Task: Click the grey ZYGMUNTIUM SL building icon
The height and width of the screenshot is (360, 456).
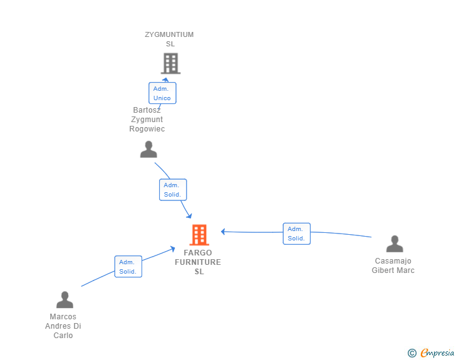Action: pos(171,63)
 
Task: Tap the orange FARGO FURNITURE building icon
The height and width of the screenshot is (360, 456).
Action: pos(199,235)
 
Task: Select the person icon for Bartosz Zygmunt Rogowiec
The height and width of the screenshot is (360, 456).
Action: pos(148,150)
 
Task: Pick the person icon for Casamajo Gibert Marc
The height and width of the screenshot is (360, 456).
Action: pos(395,244)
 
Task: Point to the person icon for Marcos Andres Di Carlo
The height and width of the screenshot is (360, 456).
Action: pos(65,300)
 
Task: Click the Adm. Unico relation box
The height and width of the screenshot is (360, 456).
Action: pos(162,93)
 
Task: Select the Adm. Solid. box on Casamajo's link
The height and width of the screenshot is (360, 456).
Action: pos(297,234)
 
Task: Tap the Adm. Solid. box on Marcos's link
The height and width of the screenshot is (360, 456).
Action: pos(128,267)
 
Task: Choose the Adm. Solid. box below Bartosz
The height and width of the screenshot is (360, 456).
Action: pos(173,190)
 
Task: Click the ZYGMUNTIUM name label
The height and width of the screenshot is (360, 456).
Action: pos(169,34)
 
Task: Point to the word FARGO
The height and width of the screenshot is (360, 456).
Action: pos(198,253)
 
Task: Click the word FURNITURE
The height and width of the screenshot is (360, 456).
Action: pos(198,262)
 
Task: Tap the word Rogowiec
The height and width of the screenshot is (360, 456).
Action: pos(147,129)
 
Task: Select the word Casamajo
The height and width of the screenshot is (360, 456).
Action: pos(393,261)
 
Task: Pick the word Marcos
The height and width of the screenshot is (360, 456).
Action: pos(63,317)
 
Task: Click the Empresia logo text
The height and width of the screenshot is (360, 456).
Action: pos(437,352)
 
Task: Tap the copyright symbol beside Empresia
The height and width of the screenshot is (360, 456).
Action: pos(412,353)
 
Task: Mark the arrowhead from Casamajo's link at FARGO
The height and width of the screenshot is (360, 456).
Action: pos(223,232)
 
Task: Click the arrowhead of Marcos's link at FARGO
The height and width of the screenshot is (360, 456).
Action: pos(172,249)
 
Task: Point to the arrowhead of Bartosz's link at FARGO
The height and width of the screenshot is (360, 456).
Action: pos(189,216)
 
